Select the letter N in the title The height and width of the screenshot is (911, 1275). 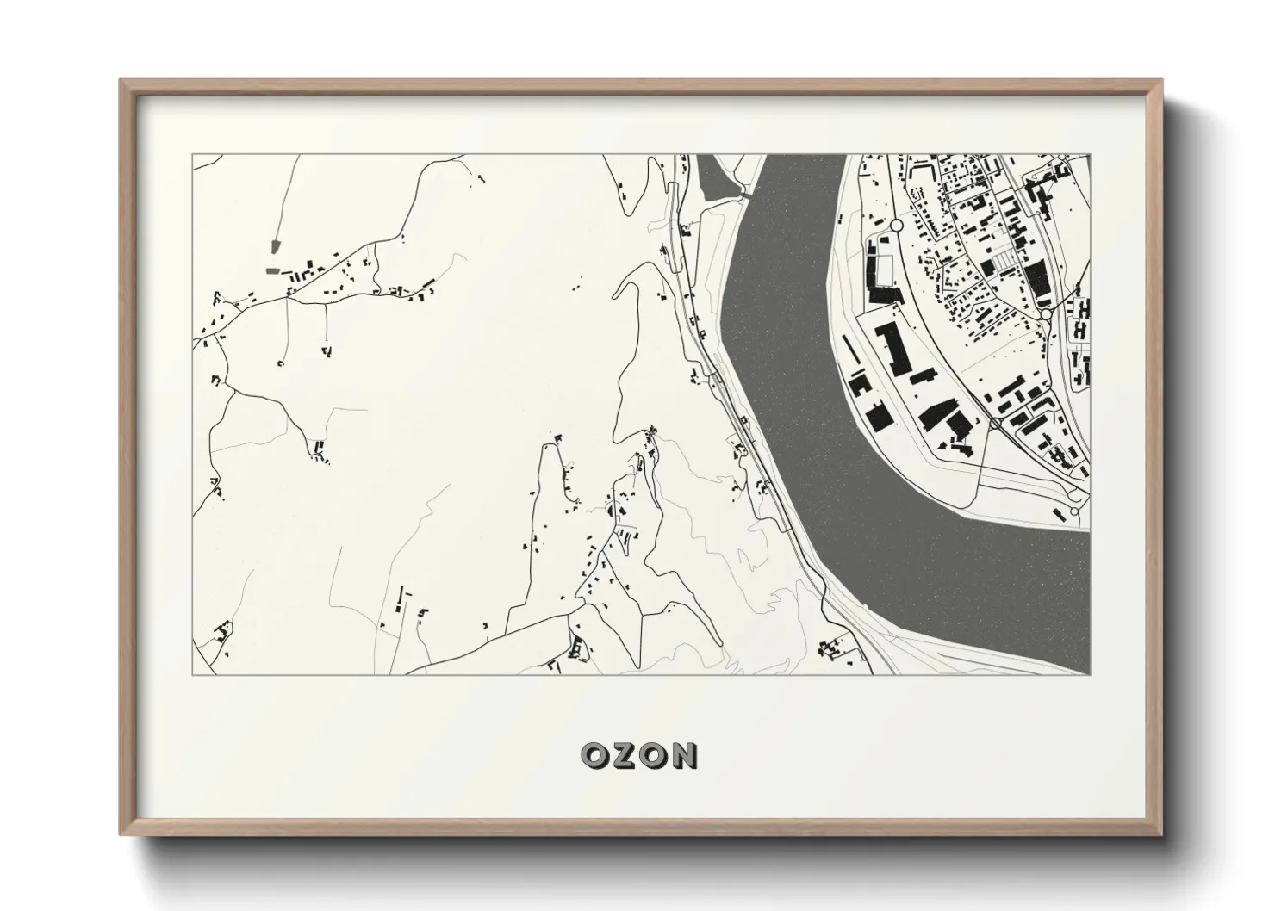click(x=684, y=756)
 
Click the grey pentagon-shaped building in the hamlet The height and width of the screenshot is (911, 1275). click(x=275, y=246)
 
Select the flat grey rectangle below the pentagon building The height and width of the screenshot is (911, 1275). click(x=272, y=270)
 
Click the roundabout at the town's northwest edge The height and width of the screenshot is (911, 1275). click(x=896, y=224)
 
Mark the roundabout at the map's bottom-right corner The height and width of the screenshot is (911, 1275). click(x=1073, y=511)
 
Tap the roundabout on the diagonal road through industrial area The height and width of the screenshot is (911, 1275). click(x=995, y=423)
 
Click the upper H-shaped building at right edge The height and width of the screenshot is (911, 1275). click(x=1083, y=307)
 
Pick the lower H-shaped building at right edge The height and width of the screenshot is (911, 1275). click(x=1079, y=329)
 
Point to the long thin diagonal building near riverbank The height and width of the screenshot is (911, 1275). click(x=849, y=351)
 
